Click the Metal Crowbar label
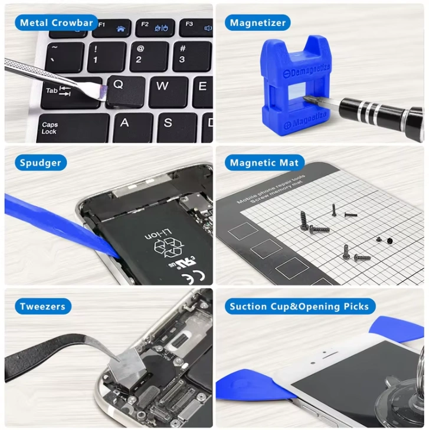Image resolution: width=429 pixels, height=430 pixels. click(57, 23)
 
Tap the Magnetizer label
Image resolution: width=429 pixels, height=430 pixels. click(257, 23)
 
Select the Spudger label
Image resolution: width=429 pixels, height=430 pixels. click(40, 163)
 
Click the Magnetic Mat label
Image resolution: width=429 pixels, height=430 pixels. click(264, 163)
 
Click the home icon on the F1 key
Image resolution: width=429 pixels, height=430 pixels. click(121, 28)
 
